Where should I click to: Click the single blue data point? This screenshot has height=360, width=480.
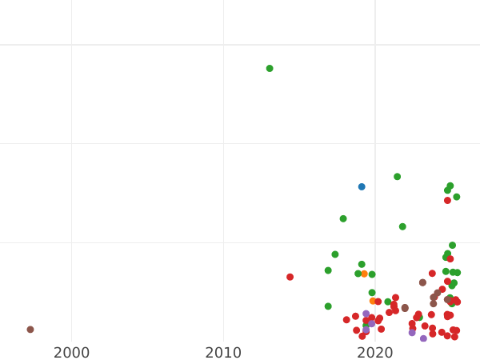point(362,187)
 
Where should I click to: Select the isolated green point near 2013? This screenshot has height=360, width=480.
point(270,69)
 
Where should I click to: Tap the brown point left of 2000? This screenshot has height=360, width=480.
point(30,330)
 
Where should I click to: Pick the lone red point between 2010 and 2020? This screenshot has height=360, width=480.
point(290,277)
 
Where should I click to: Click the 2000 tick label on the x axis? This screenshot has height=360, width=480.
point(71,353)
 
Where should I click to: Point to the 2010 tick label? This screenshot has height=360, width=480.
point(223,353)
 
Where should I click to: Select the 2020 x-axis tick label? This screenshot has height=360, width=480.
point(375,353)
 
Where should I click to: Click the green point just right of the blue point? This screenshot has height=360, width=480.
point(397,177)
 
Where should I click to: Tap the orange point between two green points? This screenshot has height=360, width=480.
point(364,274)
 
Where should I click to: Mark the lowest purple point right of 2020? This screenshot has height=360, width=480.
point(423,338)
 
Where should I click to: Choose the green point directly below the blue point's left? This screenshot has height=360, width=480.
point(343,218)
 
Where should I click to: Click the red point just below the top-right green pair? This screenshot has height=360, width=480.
point(447,201)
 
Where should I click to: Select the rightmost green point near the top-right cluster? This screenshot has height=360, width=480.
point(457,197)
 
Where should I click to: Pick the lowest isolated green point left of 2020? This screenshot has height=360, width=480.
point(328,306)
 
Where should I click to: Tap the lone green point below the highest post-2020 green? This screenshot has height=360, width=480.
point(402,226)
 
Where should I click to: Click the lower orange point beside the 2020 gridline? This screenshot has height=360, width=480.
point(373,302)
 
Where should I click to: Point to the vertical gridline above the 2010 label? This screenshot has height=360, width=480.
point(223,160)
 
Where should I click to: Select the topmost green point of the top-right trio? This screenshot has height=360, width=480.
point(450,186)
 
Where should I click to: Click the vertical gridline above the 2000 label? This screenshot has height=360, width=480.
point(71,160)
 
